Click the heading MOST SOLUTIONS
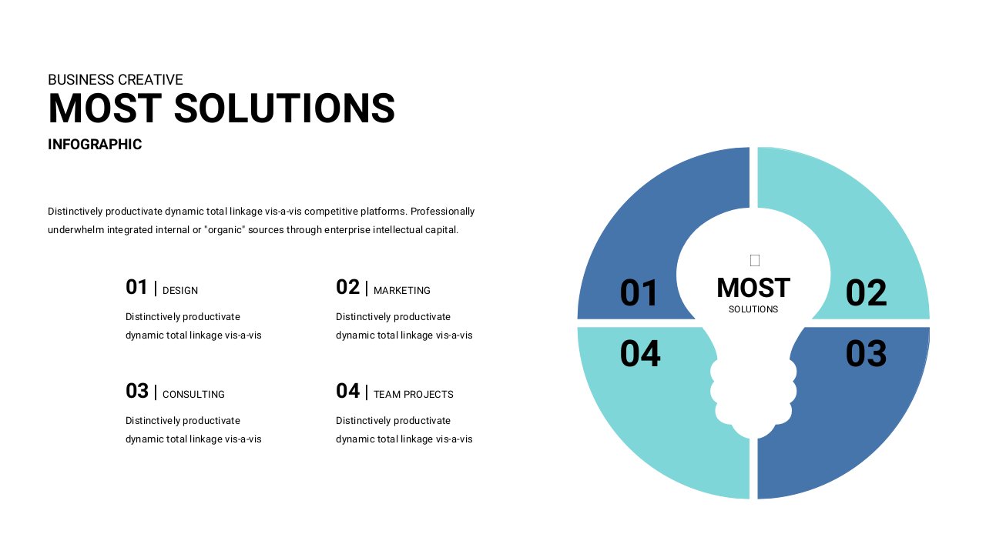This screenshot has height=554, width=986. click(221, 108)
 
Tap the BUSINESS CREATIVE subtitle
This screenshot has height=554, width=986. click(116, 79)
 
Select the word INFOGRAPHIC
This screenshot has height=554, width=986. click(95, 144)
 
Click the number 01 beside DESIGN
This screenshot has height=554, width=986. click(136, 287)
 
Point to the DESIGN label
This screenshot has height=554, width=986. click(180, 291)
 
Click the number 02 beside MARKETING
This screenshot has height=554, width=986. click(347, 287)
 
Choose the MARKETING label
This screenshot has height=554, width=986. click(402, 291)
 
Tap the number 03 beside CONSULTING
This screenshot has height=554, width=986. click(137, 391)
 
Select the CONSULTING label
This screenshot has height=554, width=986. click(193, 395)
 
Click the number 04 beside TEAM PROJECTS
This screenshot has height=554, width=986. click(347, 391)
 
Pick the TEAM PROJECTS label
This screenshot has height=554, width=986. click(414, 395)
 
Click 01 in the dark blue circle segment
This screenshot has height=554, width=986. click(639, 293)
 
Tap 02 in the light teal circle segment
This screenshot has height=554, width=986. click(866, 293)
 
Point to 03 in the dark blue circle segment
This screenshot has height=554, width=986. click(866, 353)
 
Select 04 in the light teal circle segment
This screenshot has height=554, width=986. click(640, 353)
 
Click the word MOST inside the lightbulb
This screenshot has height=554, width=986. click(753, 288)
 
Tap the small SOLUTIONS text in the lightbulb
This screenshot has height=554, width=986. click(753, 309)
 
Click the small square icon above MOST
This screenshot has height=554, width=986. click(754, 260)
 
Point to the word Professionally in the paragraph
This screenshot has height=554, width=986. click(442, 212)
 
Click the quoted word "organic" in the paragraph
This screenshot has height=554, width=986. click(224, 230)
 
